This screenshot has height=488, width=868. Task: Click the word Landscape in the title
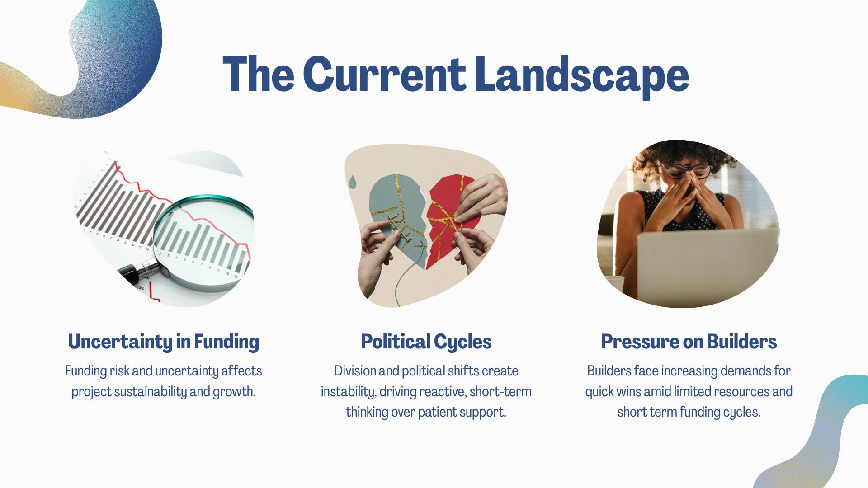pyautogui.click(x=582, y=75)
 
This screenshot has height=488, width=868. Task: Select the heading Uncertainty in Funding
pyautogui.click(x=164, y=342)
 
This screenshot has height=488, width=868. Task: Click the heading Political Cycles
pyautogui.click(x=426, y=342)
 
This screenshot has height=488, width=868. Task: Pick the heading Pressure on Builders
pyautogui.click(x=689, y=342)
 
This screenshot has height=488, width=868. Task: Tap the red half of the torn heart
pyautogui.click(x=448, y=221)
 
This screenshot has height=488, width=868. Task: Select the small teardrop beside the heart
pyautogui.click(x=353, y=182)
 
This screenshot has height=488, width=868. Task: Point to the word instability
pyautogui.click(x=349, y=391)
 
